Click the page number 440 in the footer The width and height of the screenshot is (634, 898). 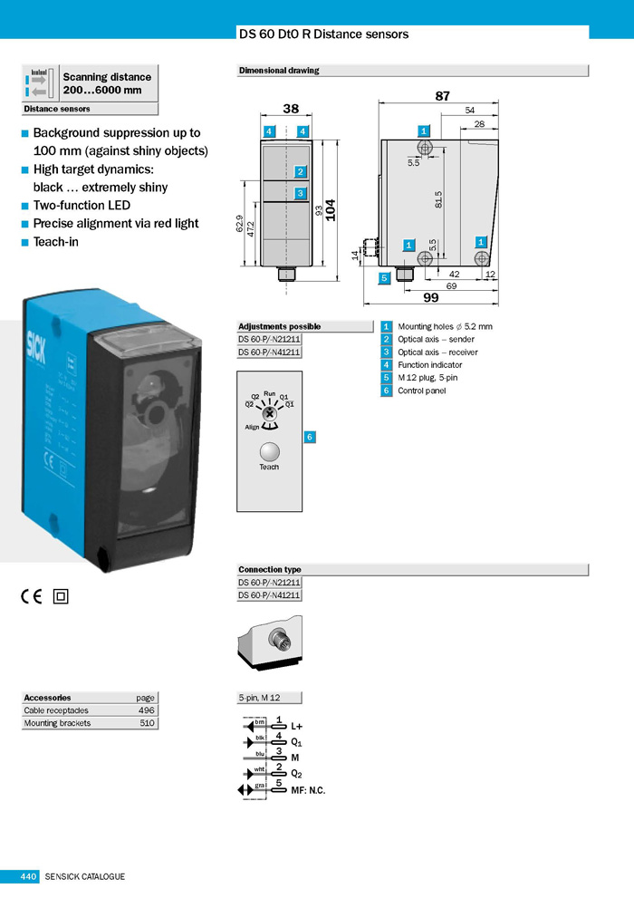coord(28,876)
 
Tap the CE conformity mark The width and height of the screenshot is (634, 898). coord(32,595)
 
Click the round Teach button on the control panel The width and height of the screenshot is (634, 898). coord(269,451)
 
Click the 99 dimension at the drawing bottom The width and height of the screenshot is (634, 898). coord(430,296)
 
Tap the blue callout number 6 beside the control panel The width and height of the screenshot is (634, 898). coord(310,437)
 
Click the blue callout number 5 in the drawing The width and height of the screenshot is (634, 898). coord(385,277)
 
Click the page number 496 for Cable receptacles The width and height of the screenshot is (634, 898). coord(147,710)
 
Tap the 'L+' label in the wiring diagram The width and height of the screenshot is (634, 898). coord(297,726)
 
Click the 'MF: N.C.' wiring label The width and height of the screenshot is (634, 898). coord(308,790)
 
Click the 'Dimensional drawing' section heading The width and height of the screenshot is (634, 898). coord(279,71)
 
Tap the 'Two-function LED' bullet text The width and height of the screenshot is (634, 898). coord(82,206)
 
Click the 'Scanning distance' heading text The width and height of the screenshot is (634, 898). coord(107,77)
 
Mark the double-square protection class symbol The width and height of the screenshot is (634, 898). coord(62,596)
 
